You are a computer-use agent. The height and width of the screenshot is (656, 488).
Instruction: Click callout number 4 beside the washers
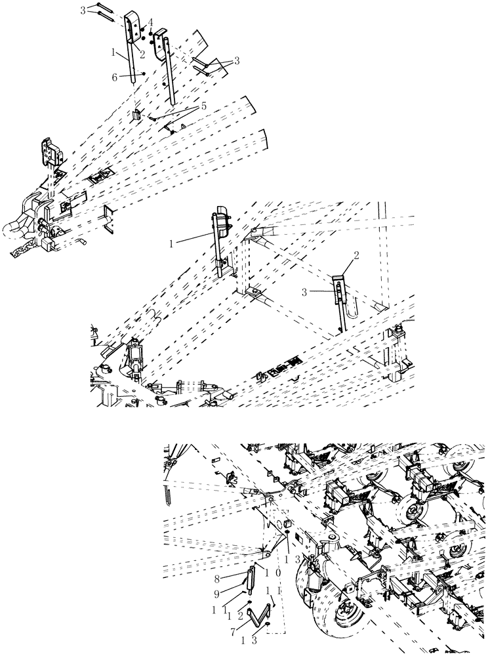[x=150, y=22]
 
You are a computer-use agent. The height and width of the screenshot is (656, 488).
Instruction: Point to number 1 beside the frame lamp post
[x=173, y=243]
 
